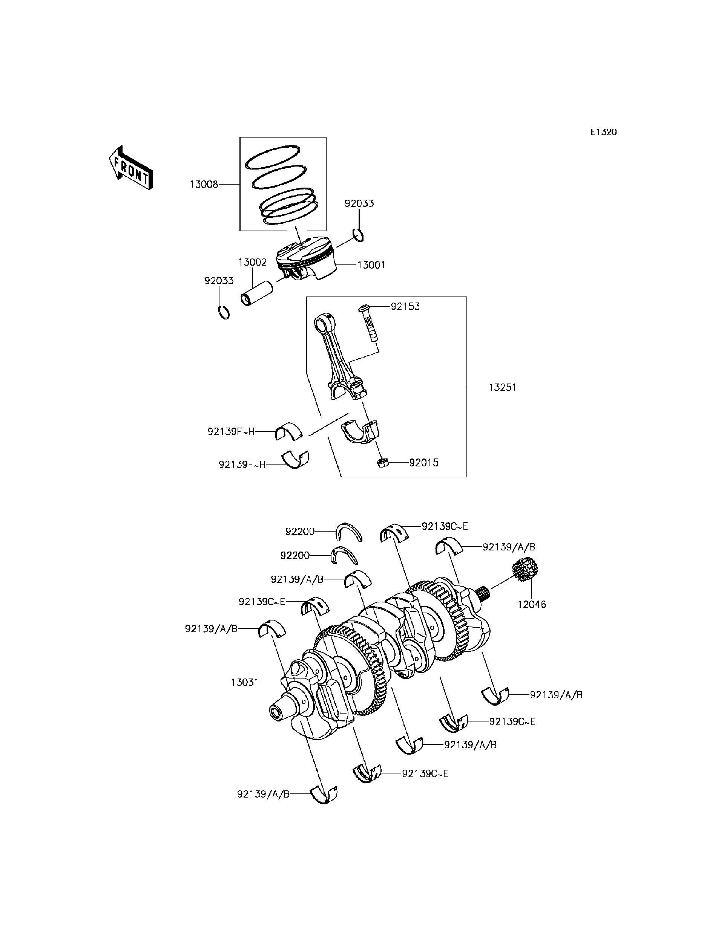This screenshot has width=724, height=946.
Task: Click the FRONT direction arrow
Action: [x=131, y=169]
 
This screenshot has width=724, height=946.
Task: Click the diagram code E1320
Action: [x=603, y=132]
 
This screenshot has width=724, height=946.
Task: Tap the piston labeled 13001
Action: [x=307, y=260]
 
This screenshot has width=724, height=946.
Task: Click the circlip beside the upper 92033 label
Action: [x=358, y=235]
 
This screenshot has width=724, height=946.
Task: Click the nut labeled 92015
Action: [x=382, y=463]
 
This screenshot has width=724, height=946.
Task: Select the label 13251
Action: [x=502, y=387]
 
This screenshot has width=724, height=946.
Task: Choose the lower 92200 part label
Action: [x=295, y=555]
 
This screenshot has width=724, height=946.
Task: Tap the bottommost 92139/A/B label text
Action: [x=263, y=794]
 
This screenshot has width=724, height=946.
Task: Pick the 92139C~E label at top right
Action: [x=444, y=526]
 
